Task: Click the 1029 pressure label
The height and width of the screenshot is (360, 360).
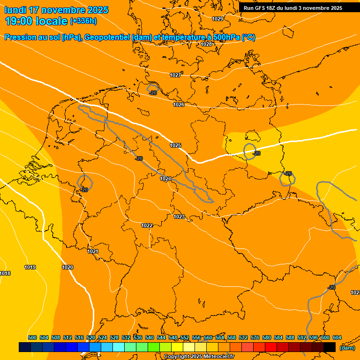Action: (x=217, y=19)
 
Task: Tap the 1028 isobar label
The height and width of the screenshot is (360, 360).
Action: (x=206, y=44)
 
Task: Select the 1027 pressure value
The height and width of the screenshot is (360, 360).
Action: (x=175, y=75)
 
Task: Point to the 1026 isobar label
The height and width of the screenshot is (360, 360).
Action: (x=179, y=105)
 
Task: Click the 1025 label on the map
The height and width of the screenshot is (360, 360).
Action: (x=175, y=146)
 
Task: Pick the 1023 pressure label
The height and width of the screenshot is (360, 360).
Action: (x=179, y=217)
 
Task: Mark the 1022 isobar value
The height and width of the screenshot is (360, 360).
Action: (x=147, y=225)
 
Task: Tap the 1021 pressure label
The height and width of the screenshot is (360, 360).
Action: (x=93, y=252)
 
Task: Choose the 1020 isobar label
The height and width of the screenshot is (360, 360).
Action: (x=67, y=267)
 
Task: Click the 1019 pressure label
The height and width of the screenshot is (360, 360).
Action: (x=30, y=267)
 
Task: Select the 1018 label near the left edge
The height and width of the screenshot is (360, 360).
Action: (x=5, y=273)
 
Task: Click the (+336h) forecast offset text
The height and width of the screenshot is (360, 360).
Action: (x=83, y=21)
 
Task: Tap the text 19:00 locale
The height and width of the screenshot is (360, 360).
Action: (x=36, y=21)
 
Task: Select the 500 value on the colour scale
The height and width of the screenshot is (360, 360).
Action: (x=32, y=337)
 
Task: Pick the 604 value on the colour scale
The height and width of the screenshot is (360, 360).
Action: (x=337, y=337)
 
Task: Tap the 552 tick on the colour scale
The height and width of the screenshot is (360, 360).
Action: (x=185, y=337)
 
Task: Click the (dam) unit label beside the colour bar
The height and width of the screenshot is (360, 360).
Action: (x=347, y=348)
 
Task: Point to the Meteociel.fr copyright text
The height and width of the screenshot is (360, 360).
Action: (x=199, y=357)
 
